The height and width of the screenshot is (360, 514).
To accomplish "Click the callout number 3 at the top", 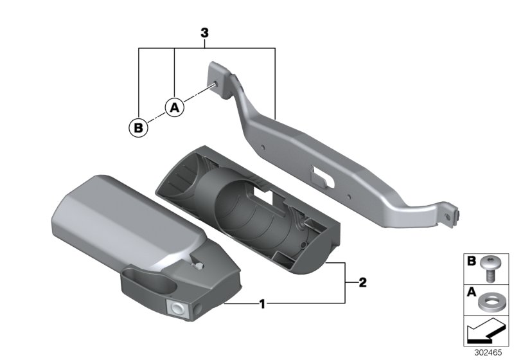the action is (x=204, y=33).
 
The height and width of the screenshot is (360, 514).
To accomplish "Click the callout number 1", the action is (x=262, y=304).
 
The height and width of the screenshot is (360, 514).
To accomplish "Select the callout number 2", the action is (x=362, y=282).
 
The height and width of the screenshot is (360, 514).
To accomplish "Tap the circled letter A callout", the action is (x=174, y=107).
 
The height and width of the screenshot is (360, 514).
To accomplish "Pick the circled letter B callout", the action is (x=138, y=127).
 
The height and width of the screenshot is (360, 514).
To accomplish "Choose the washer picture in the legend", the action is (x=488, y=302).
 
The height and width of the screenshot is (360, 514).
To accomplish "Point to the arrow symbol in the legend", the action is (x=484, y=331).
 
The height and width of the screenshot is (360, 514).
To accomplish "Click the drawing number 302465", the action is (x=488, y=352).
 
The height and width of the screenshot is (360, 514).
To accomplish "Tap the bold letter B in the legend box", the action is (x=472, y=261).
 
